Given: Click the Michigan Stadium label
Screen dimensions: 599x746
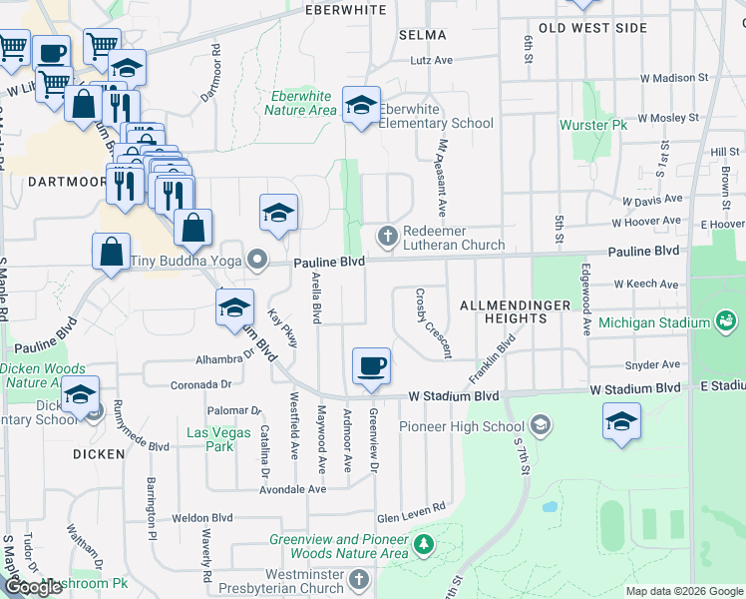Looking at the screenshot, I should coord(654,321).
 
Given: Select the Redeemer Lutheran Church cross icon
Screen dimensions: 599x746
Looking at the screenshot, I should coord(387,236).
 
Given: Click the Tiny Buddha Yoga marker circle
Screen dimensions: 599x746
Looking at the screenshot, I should coord(257,263).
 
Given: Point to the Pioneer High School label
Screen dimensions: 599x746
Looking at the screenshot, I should coord(461,426).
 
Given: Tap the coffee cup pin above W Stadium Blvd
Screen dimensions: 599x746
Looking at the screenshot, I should coord(372,366).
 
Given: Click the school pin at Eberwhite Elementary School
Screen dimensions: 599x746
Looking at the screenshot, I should coord(360,105).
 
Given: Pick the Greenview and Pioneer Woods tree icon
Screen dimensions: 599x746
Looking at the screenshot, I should coord(424,545).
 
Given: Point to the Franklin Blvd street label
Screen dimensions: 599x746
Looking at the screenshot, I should coord(498,353).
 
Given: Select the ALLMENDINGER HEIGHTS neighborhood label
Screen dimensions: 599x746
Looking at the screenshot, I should coord(504,310).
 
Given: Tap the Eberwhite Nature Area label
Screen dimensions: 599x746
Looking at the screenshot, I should coord(300,103).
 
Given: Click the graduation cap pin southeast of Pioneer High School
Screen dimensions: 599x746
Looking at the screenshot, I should coord(621,420).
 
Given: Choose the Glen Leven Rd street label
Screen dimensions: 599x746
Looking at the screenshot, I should coord(410,518).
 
